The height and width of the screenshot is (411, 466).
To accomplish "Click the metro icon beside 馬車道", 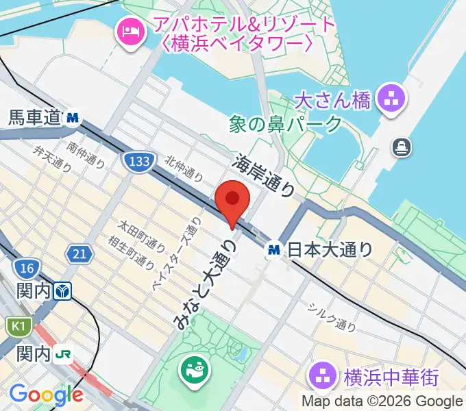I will [x=73, y=119].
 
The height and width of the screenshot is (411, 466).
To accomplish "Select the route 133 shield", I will [x=138, y=162].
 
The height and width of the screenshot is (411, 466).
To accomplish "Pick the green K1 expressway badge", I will [x=15, y=325].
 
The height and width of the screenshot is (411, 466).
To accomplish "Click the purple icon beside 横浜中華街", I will [x=319, y=375].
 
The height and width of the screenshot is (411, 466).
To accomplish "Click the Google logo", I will [x=46, y=395].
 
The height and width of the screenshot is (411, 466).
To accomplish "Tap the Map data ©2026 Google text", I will [x=382, y=401].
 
